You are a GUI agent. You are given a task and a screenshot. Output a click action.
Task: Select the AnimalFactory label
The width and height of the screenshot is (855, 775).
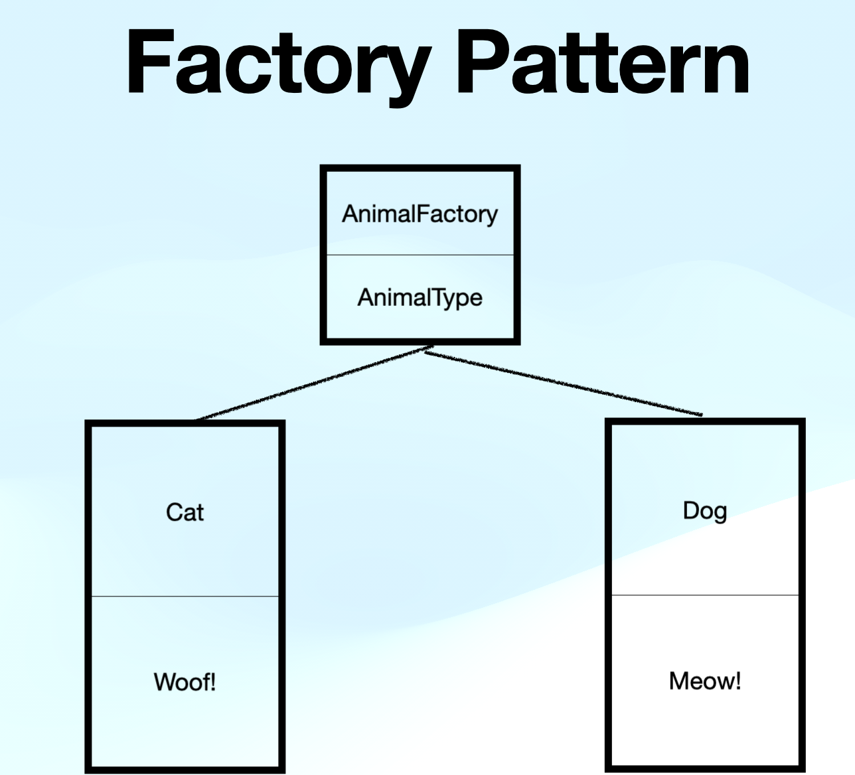tap(420, 214)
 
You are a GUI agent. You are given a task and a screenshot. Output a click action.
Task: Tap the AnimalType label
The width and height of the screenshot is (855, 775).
tap(420, 297)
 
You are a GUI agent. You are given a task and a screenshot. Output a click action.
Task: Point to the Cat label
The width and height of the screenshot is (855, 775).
tap(185, 512)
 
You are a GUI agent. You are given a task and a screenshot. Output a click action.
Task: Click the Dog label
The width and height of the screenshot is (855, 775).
tap(705, 511)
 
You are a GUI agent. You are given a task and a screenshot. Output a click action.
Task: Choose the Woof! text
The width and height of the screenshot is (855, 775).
tap(185, 681)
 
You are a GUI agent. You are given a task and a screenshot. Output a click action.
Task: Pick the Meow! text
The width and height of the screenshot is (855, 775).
tap(705, 681)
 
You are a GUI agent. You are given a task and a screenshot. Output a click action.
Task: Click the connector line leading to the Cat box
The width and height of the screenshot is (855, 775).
tap(312, 384)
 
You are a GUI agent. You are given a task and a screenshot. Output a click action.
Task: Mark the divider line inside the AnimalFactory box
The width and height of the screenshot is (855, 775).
tap(420, 255)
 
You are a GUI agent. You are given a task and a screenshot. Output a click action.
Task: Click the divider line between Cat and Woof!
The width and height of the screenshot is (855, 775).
tap(185, 596)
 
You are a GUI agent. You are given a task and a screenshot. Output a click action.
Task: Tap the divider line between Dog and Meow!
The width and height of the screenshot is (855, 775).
tap(705, 595)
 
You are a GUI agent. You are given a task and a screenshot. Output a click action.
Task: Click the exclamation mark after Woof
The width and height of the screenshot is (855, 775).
tap(213, 681)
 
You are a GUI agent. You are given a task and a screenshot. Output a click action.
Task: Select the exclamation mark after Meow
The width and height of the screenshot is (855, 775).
tap(738, 681)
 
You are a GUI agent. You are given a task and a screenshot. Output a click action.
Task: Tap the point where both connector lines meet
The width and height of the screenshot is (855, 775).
tap(428, 349)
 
